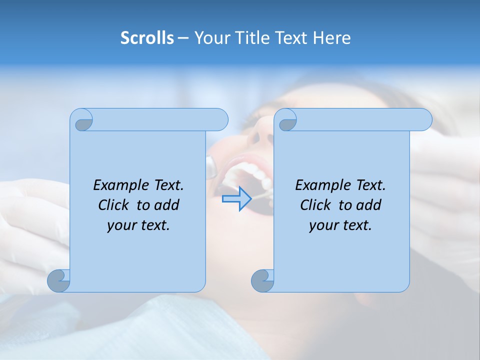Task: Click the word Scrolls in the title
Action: tap(147, 38)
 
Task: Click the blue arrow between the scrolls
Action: tap(236, 199)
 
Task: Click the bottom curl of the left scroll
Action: tap(59, 280)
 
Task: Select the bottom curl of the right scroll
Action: tap(263, 280)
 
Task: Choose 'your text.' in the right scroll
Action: tap(340, 225)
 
